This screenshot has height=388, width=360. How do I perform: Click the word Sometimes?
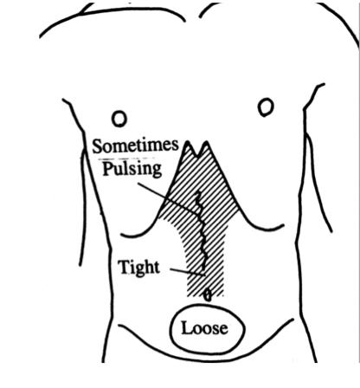135,146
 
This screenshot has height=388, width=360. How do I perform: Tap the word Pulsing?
132,169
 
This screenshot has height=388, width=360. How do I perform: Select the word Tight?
139,268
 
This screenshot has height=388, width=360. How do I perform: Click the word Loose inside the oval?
204,328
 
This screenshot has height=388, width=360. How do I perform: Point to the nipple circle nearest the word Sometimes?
119,119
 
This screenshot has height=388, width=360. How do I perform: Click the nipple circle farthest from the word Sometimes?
266,107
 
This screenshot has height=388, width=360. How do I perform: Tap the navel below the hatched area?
208,295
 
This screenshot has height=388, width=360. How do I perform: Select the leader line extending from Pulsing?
169,199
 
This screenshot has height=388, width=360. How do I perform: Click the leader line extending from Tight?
187,272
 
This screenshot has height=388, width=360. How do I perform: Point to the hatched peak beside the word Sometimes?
188,142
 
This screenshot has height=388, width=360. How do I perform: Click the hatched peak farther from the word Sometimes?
207,142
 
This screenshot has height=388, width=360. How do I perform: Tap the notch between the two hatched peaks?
197,157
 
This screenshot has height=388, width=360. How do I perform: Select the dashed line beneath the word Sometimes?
127,158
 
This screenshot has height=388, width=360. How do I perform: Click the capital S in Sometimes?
98,146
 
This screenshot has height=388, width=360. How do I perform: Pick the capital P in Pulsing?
108,168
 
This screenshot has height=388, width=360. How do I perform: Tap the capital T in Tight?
124,267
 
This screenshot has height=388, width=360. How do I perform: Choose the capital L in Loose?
187,328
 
